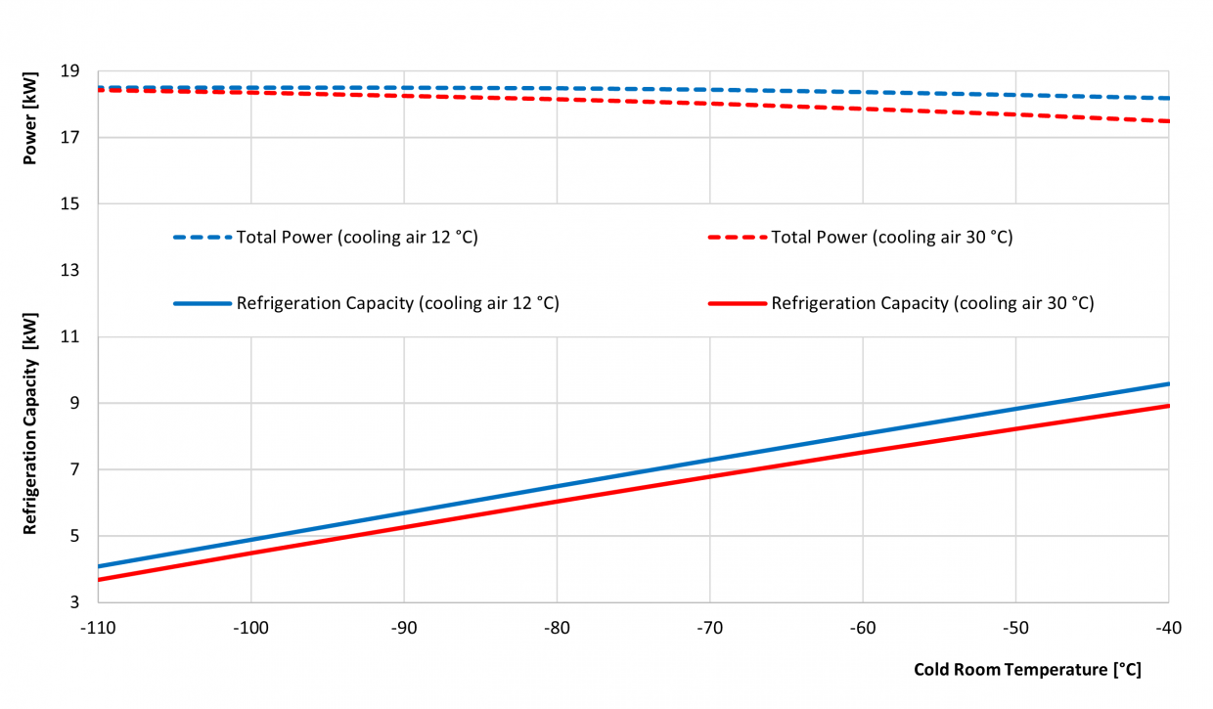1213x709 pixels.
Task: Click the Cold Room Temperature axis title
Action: (1027, 670)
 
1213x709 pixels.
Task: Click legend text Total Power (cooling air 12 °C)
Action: (357, 237)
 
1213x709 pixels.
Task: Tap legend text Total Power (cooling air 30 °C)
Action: (891, 237)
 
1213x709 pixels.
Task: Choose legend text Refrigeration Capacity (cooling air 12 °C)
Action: (397, 303)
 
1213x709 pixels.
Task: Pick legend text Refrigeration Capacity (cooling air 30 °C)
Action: (932, 303)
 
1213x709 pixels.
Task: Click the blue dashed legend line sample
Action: (202, 237)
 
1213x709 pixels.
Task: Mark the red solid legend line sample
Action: (737, 303)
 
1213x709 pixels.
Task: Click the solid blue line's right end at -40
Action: (1168, 383)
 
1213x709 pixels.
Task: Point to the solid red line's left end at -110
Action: (100, 579)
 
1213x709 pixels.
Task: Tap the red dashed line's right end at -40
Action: (1168, 121)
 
